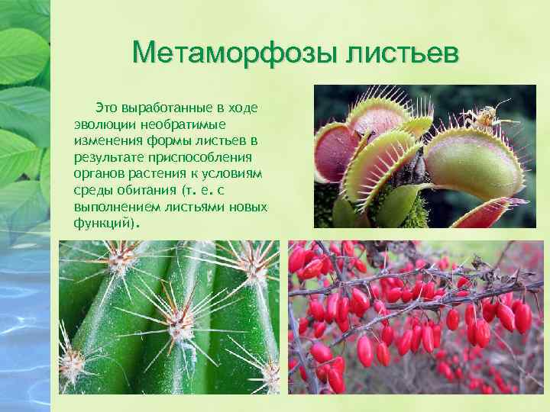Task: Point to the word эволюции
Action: [x=101, y=124]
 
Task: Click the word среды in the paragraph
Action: [x=92, y=192]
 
